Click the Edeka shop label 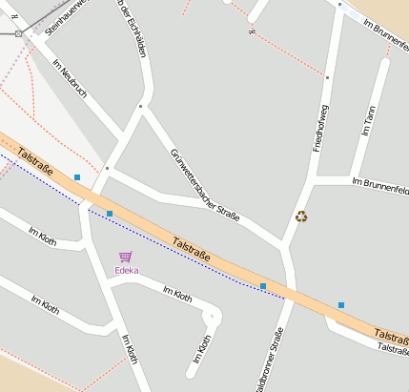[126, 270]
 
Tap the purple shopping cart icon [125, 257]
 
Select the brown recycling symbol [302, 217]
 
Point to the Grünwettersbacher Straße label [204, 186]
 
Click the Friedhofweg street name [321, 130]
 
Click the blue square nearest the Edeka [110, 214]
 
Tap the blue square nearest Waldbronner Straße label [263, 286]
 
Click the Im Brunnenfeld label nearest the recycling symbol [379, 181]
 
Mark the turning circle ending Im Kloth [211, 316]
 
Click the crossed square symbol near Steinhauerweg [18, 33]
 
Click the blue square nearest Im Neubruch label [77, 176]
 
